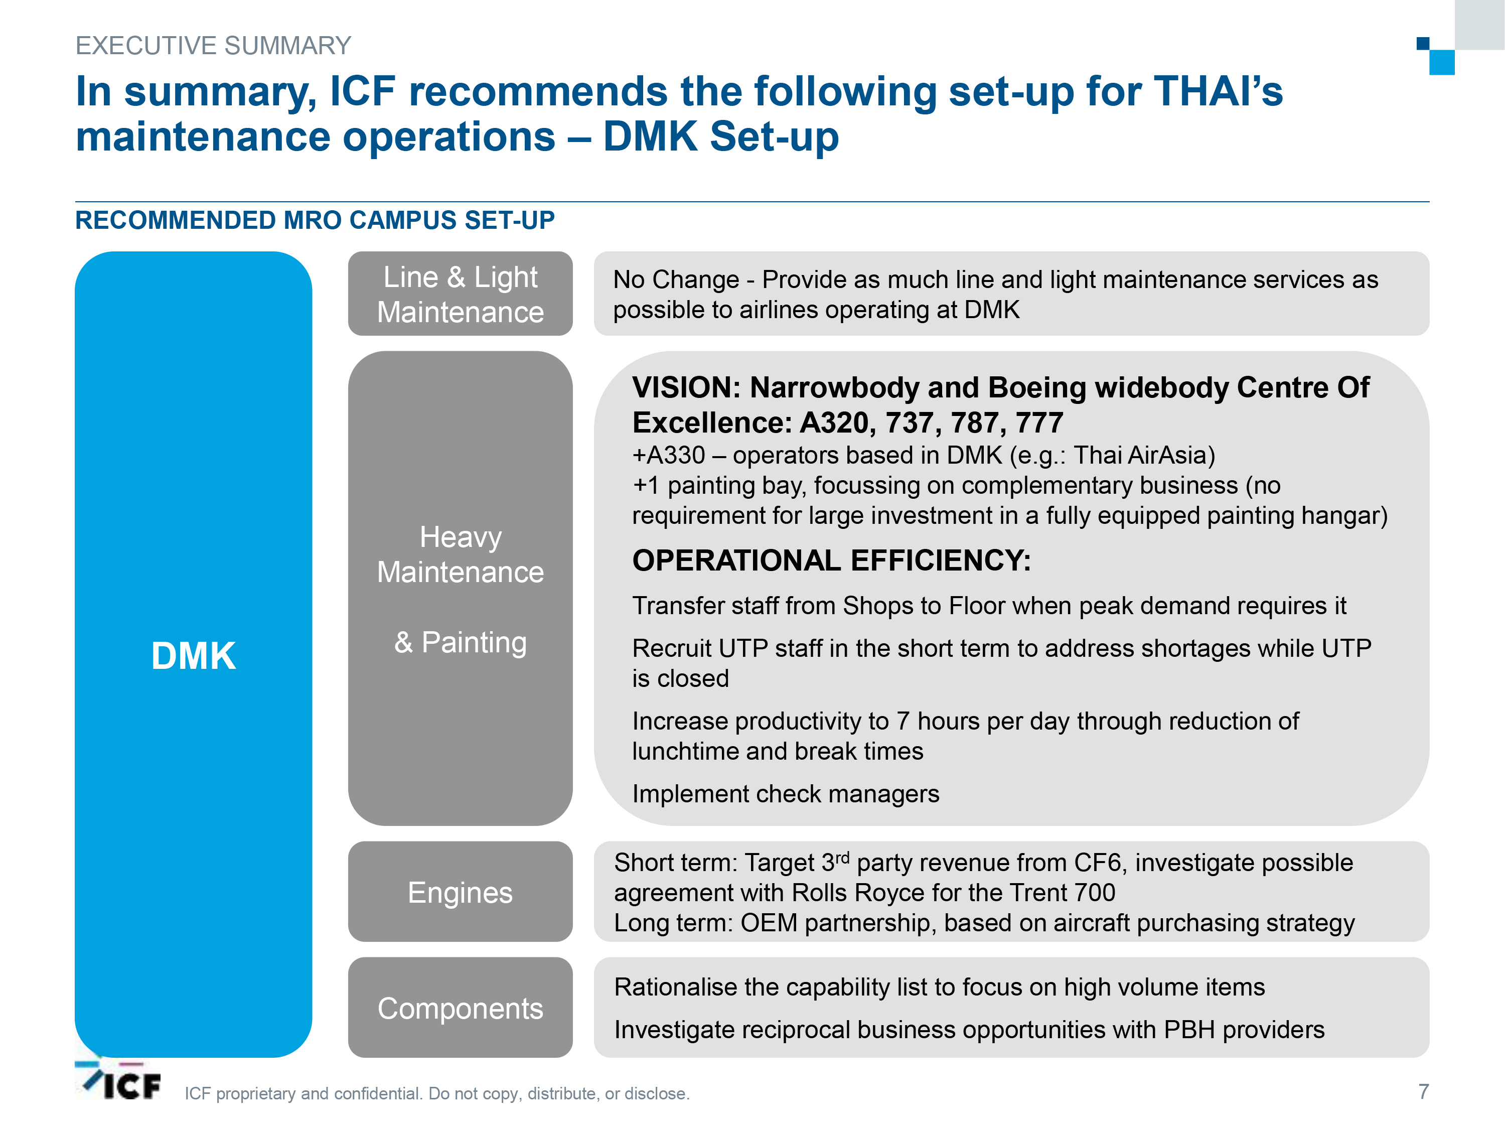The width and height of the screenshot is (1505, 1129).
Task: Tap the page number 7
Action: click(1423, 1091)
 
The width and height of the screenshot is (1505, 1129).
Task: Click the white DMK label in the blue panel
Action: click(193, 656)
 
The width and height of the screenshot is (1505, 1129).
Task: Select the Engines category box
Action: click(460, 892)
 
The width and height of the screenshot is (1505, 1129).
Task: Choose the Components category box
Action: click(460, 1007)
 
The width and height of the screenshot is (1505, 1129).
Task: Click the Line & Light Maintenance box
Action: click(460, 294)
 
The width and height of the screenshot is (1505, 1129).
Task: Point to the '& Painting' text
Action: click(461, 642)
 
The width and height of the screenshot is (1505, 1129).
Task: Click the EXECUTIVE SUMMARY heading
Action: click(213, 46)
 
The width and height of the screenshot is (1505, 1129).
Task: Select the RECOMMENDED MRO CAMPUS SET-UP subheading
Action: click(315, 220)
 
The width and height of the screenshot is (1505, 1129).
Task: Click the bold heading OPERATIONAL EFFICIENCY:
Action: click(831, 561)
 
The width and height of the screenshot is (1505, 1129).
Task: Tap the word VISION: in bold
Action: click(686, 388)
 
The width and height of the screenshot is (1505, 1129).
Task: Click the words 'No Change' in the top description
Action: click(676, 279)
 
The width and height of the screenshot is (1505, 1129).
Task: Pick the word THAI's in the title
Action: click(1219, 91)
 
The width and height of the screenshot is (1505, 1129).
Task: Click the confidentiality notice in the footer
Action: click(437, 1093)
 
